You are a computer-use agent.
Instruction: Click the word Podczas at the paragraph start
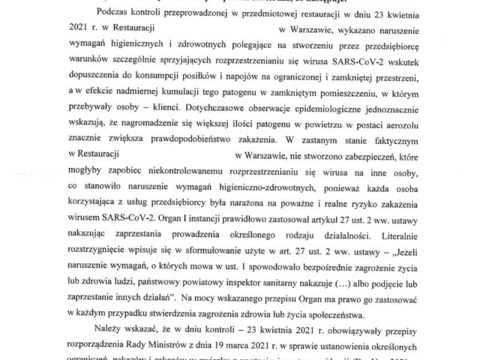click(x=115, y=15)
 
